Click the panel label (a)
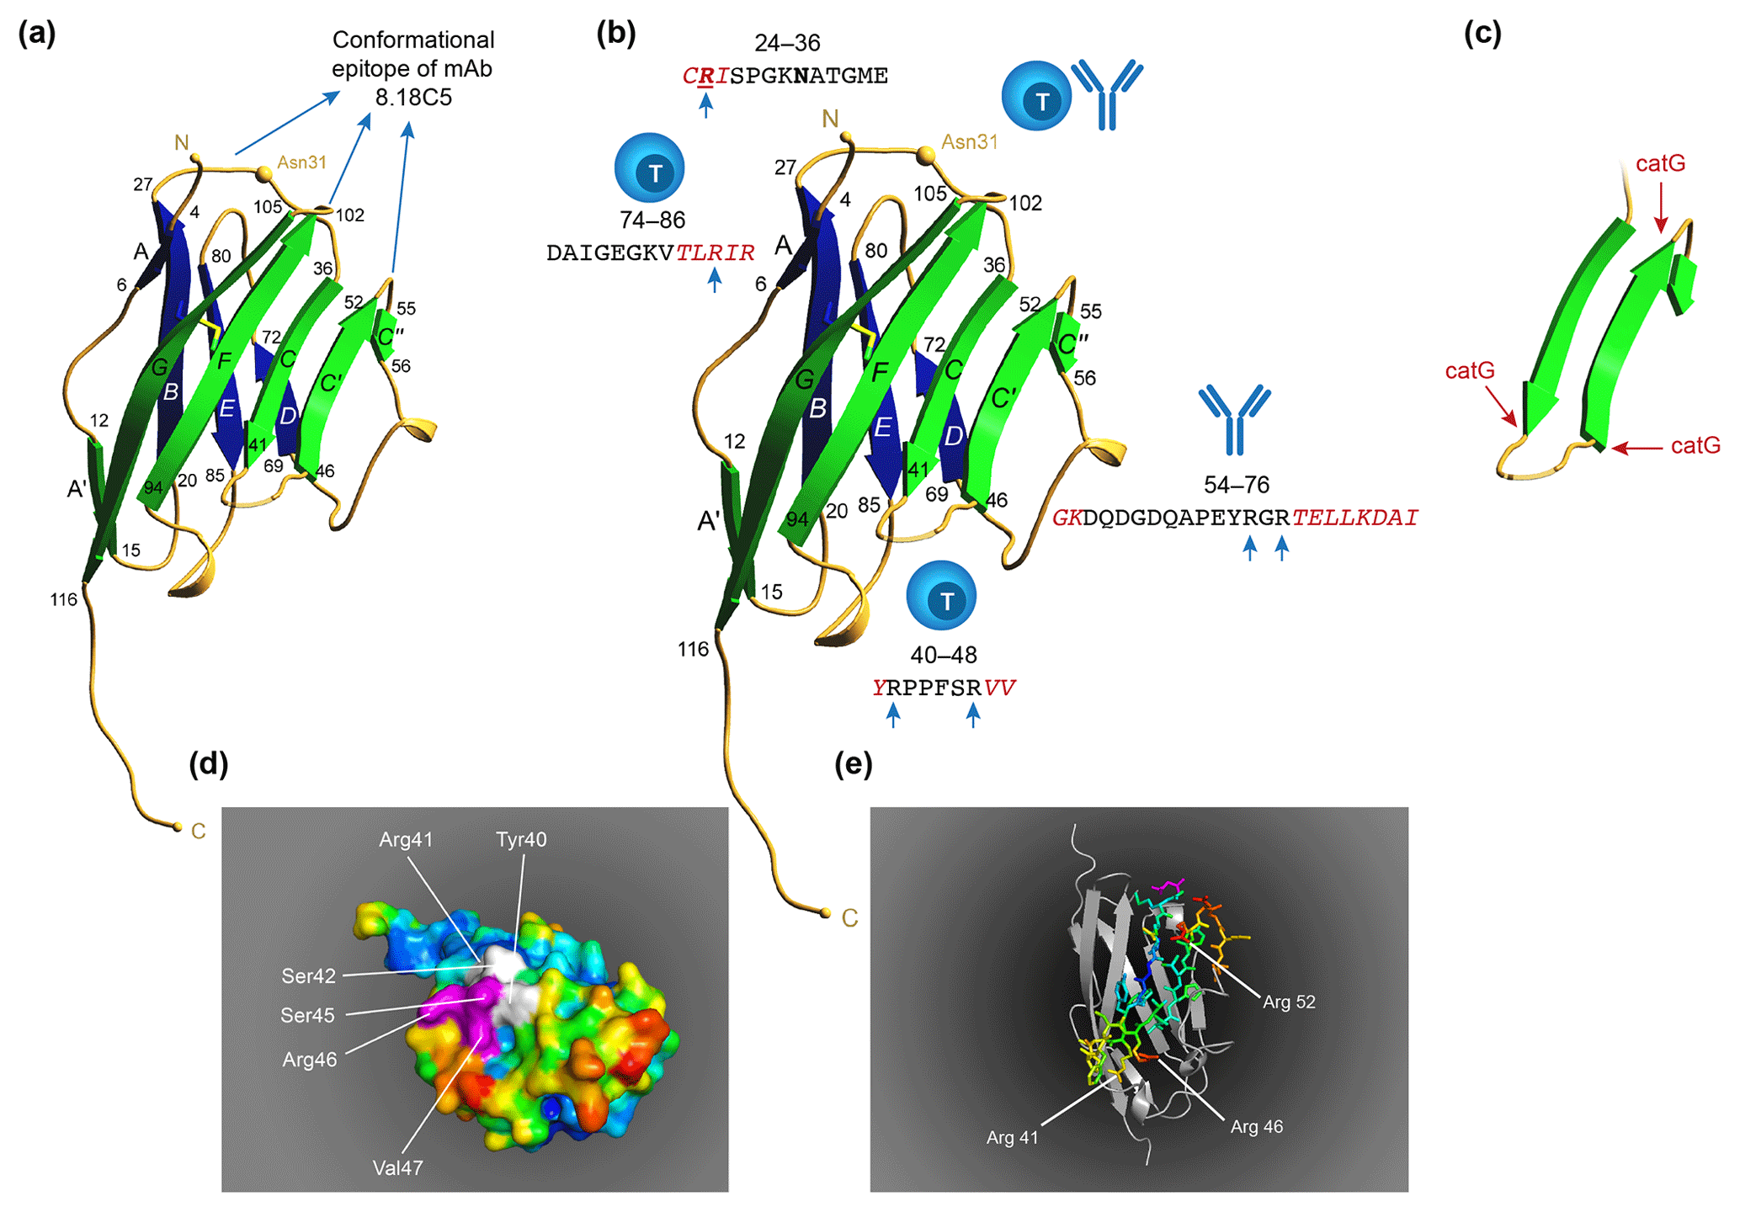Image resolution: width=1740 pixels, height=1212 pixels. (37, 34)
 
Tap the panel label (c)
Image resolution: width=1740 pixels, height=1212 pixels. (1482, 34)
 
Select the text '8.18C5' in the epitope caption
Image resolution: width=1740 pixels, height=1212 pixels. (413, 98)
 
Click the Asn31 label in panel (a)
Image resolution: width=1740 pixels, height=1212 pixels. (301, 162)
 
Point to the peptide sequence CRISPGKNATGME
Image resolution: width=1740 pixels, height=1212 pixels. (785, 76)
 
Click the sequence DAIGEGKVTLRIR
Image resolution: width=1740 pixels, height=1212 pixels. (650, 252)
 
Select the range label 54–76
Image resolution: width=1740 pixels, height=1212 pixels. (1236, 485)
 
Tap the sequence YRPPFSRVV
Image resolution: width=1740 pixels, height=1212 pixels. (944, 688)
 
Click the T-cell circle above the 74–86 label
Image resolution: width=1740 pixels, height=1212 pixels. (650, 168)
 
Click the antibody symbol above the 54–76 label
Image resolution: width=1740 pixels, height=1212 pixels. (1235, 418)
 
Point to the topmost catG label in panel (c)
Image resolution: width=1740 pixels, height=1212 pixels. (1660, 163)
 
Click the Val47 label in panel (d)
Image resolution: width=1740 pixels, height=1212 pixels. (397, 1167)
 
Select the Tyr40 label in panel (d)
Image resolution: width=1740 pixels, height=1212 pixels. (521, 839)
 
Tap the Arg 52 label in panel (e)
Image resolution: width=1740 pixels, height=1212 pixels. (1289, 1002)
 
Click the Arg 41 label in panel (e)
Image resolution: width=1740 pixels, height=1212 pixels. (1012, 1138)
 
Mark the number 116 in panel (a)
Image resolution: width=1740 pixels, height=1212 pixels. (63, 599)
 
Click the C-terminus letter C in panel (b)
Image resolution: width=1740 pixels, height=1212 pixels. (850, 918)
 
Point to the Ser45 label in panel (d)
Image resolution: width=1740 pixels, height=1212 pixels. (307, 1015)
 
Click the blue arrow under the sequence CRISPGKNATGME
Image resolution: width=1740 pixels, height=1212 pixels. (706, 104)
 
